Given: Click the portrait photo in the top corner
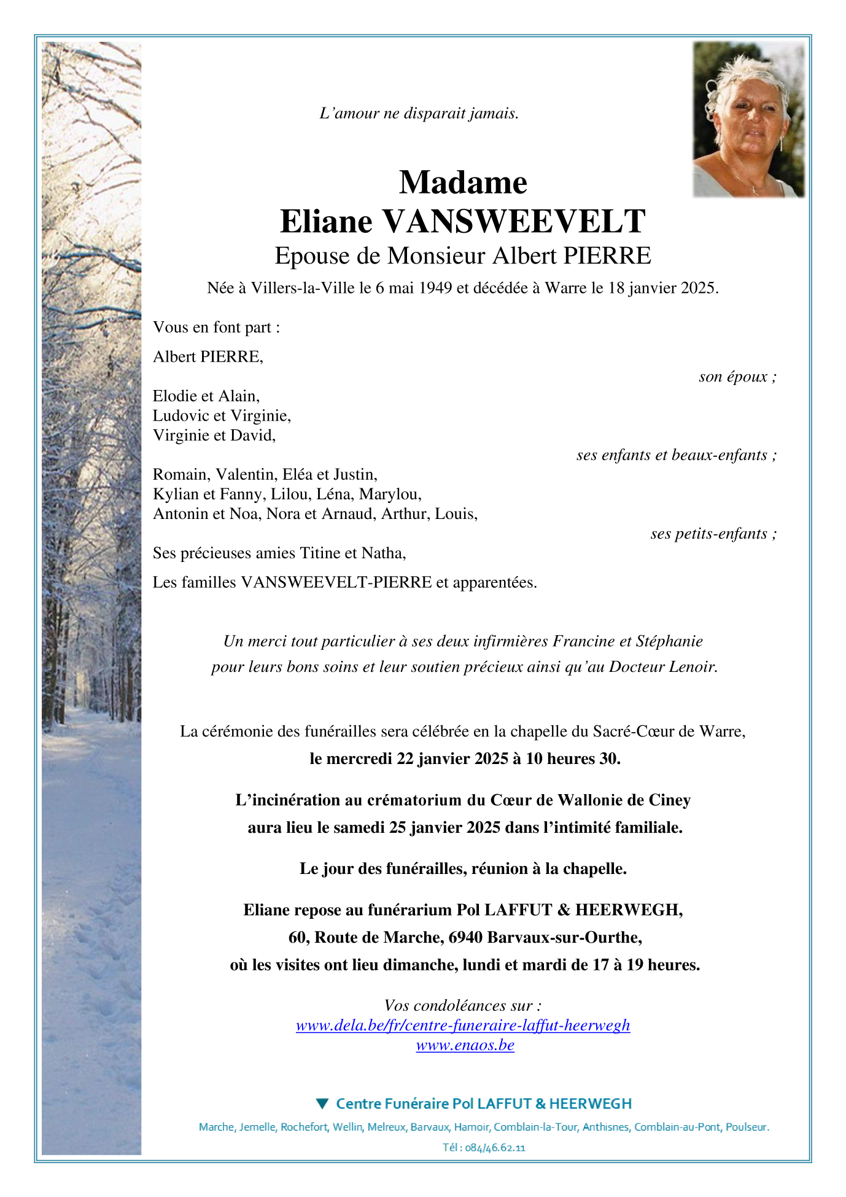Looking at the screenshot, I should (748, 119).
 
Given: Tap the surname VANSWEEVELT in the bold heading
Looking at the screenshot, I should (513, 222).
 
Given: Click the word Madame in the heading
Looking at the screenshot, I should (463, 182).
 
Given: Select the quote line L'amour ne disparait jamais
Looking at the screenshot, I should (419, 114).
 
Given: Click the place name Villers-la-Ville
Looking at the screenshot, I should (303, 288).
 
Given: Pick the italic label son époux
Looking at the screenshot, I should (737, 376).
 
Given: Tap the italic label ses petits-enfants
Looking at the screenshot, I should (713, 534).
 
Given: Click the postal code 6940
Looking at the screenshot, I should (468, 938).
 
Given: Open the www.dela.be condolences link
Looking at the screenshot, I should (463, 1026).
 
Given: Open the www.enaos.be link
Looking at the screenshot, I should (465, 1045).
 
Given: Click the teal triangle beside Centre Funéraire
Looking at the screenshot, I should (322, 1104).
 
